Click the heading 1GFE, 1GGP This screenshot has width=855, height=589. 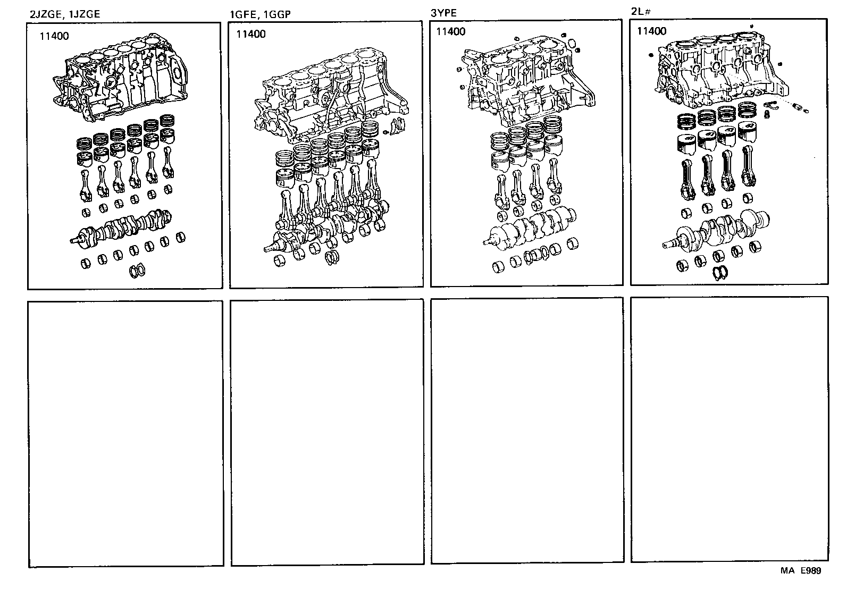coord(260,14)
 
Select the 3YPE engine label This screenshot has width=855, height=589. coord(443,13)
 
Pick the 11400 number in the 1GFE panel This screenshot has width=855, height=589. coord(250,35)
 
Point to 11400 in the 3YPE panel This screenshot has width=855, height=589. coord(450,31)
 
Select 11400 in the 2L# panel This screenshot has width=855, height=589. coord(651,31)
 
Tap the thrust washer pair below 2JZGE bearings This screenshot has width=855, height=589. coord(138,271)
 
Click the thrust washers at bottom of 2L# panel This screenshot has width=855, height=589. coord(720,272)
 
